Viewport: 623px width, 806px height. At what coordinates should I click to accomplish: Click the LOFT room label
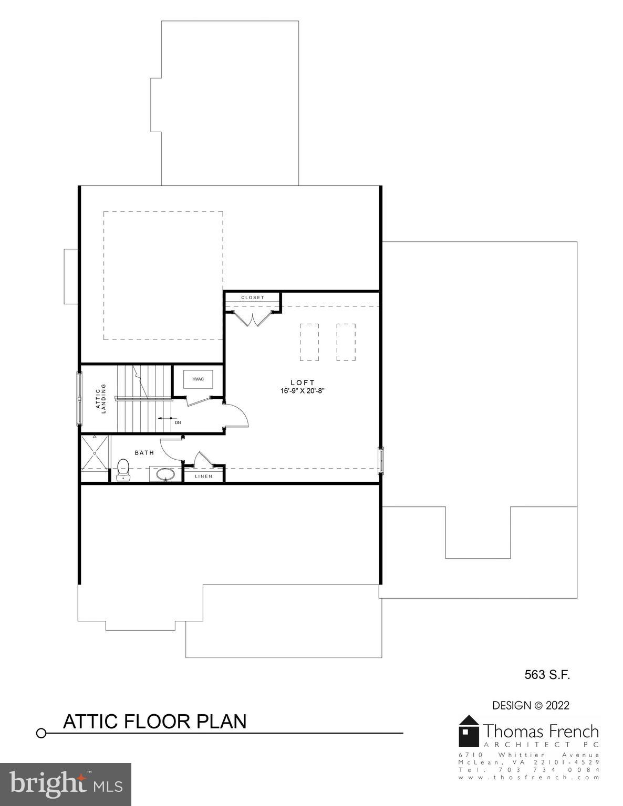pyautogui.click(x=303, y=383)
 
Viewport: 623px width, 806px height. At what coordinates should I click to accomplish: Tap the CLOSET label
pyautogui.click(x=253, y=298)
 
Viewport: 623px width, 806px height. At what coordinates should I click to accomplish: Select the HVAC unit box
pyautogui.click(x=198, y=379)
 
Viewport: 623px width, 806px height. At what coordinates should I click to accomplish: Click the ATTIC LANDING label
pyautogui.click(x=100, y=398)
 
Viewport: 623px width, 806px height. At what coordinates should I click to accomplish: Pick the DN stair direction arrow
pyautogui.click(x=167, y=419)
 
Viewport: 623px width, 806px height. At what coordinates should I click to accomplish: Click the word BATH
pyautogui.click(x=144, y=452)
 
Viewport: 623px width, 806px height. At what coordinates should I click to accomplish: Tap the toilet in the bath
pyautogui.click(x=123, y=469)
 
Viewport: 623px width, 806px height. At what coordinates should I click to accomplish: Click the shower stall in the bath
pyautogui.click(x=95, y=453)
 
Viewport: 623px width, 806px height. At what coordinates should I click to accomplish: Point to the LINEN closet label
pyautogui.click(x=204, y=476)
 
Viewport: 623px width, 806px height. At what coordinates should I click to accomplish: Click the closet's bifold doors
pyautogui.click(x=253, y=319)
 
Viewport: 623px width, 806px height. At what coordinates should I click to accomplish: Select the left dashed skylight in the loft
pyautogui.click(x=309, y=342)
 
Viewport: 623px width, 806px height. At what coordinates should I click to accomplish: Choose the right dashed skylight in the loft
pyautogui.click(x=346, y=342)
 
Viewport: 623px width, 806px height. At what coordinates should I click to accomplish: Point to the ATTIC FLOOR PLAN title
pyautogui.click(x=154, y=722)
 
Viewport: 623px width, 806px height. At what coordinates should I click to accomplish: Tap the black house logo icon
pyautogui.click(x=469, y=730)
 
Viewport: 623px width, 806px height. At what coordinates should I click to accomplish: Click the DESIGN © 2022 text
pyautogui.click(x=531, y=706)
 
